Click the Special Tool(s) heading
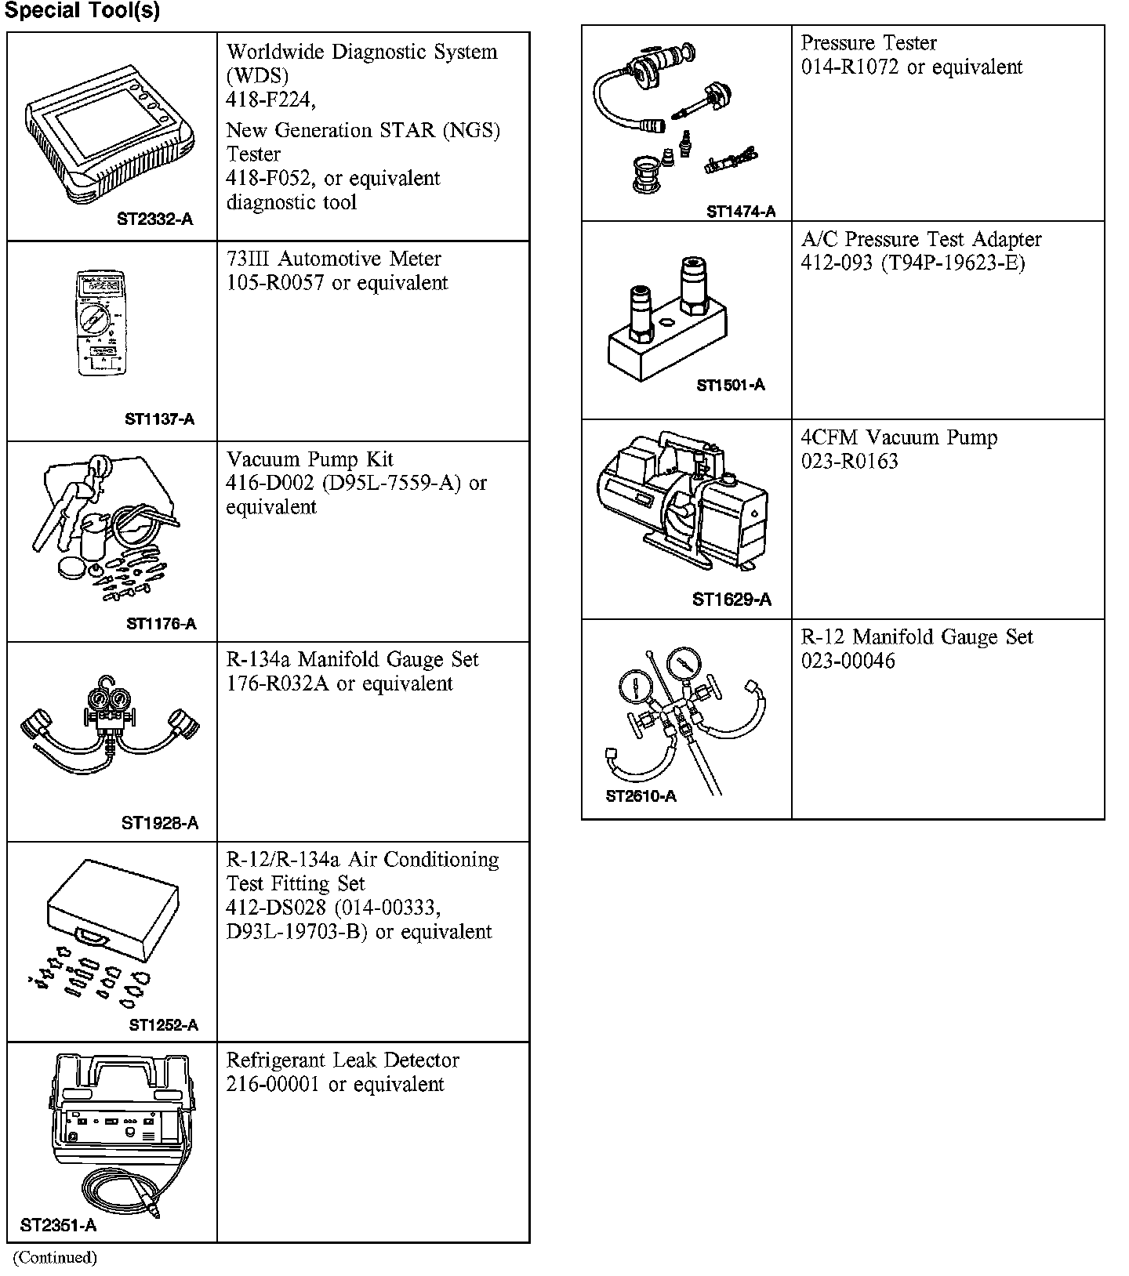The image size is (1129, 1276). tap(82, 11)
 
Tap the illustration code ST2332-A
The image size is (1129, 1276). tap(154, 219)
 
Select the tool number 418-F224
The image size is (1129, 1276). tap(270, 100)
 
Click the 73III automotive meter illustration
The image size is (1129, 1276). tap(100, 323)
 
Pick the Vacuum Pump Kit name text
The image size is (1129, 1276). tap(310, 459)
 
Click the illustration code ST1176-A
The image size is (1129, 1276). tap(161, 624)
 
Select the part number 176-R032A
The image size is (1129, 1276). tap(278, 684)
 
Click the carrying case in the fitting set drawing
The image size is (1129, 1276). tap(112, 909)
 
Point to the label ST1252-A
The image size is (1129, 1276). tap(163, 1025)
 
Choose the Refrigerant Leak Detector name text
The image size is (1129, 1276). tap(343, 1060)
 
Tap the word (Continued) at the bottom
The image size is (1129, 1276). tap(55, 1258)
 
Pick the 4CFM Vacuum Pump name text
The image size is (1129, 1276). tap(899, 437)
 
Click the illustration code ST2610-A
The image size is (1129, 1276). tap(641, 796)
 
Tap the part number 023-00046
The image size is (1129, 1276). tap(848, 661)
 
